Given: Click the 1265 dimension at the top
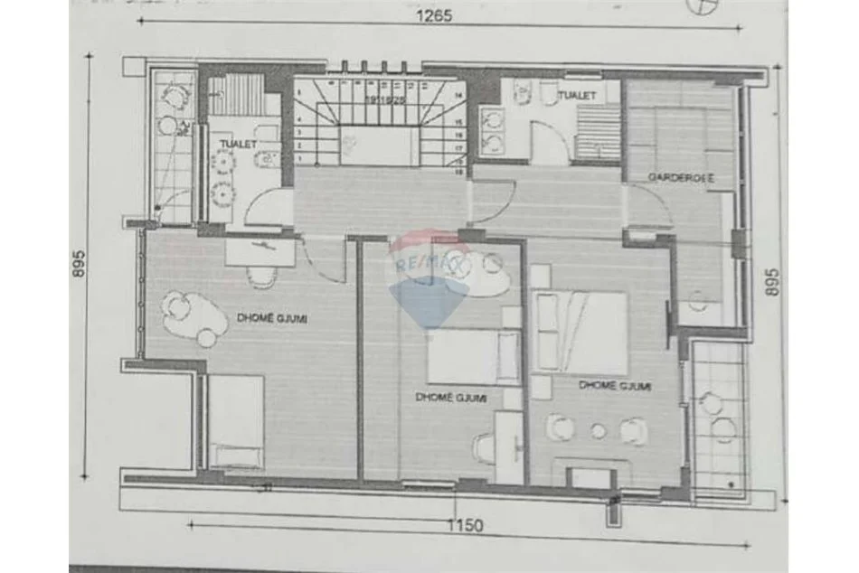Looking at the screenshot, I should [433, 14].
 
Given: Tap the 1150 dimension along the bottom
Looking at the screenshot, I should [464, 525].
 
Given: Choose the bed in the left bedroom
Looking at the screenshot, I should [236, 421].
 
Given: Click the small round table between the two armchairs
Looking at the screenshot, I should [598, 431].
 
